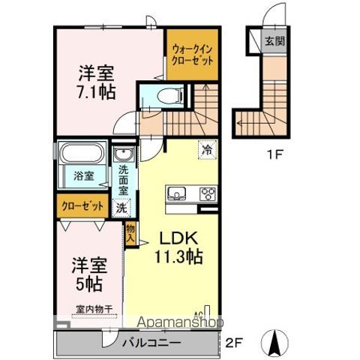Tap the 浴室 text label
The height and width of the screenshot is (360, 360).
pos(83,177)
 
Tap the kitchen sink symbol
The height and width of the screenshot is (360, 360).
pos(178,194)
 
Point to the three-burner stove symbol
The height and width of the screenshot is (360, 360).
pos(206,194)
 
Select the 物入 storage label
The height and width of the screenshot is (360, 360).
pos(129,232)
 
